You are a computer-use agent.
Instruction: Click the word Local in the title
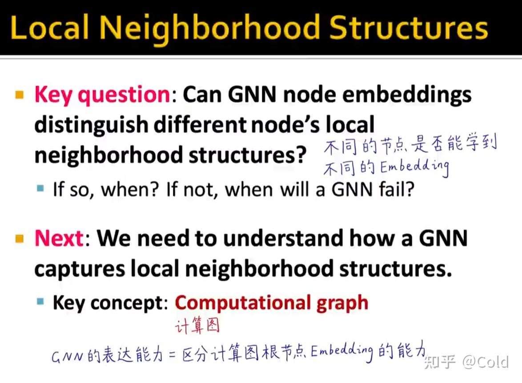pyautogui.click(x=50, y=27)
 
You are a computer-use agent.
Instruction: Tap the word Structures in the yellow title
pyautogui.click(x=409, y=27)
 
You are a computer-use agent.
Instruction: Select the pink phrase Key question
pyautogui.click(x=103, y=95)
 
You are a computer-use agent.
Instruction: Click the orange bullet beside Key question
pyautogui.click(x=20, y=95)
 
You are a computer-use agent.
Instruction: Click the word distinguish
pyautogui.click(x=91, y=125)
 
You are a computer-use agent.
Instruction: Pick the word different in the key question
pyautogui.click(x=200, y=124)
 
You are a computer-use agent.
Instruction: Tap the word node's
pyautogui.click(x=285, y=125)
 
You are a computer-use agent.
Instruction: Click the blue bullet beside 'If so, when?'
pyautogui.click(x=40, y=188)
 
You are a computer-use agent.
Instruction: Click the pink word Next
pyautogui.click(x=60, y=238)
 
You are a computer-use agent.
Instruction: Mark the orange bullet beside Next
pyautogui.click(x=20, y=239)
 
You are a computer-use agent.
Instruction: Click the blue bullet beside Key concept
pyautogui.click(x=40, y=302)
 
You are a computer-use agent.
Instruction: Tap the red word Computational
pyautogui.click(x=243, y=303)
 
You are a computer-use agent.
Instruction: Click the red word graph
pyautogui.click(x=342, y=304)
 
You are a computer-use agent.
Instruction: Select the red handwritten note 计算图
pyautogui.click(x=197, y=326)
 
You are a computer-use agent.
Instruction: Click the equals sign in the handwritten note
pyautogui.click(x=172, y=354)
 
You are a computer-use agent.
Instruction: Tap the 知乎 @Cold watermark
pyautogui.click(x=466, y=362)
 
